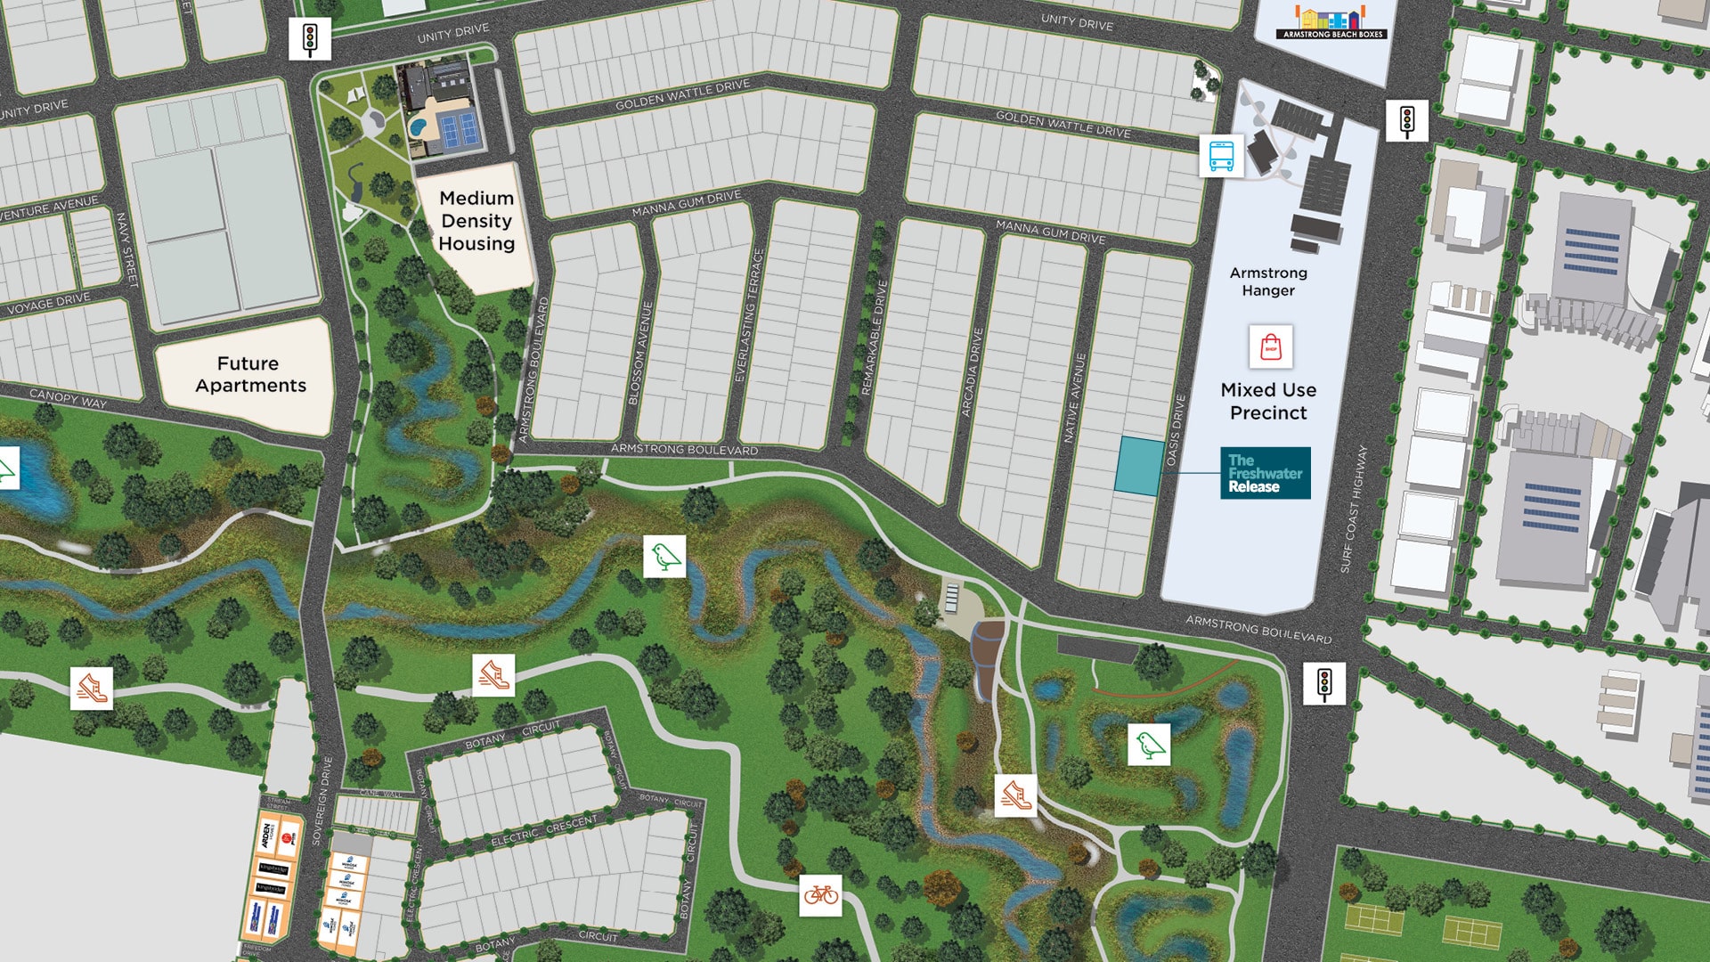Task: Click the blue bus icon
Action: [1221, 156]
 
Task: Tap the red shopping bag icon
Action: [1270, 347]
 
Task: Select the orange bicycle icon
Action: [820, 893]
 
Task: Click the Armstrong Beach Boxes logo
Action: [1332, 22]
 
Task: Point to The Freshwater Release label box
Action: [1265, 473]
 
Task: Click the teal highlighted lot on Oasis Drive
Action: [1139, 465]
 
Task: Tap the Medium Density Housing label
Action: [476, 221]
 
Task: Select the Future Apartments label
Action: [250, 374]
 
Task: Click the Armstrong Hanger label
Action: [1268, 281]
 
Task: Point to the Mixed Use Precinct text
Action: [1268, 401]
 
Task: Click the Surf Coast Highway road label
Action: [1352, 509]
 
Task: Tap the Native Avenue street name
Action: [1075, 398]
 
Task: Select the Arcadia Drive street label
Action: [972, 372]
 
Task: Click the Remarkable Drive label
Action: [875, 338]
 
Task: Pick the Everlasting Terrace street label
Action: [748, 316]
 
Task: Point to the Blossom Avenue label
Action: [640, 354]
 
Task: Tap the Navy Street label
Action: [127, 249]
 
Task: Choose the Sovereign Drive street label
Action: [322, 801]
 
